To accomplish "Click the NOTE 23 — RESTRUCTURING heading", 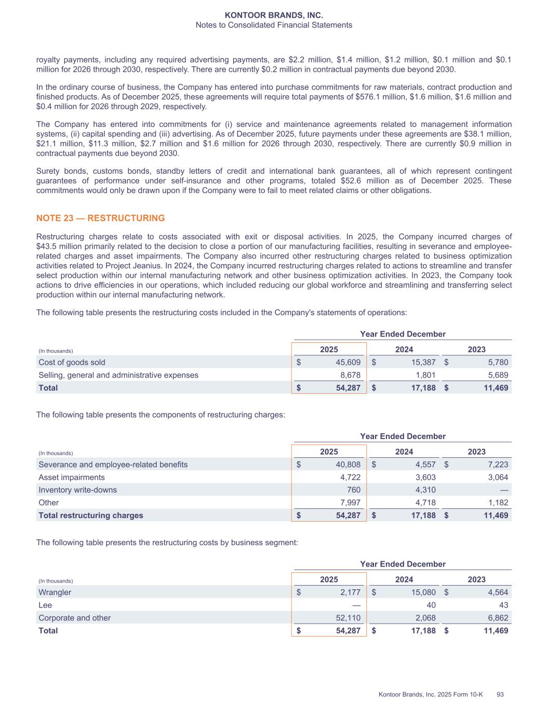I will [100, 218].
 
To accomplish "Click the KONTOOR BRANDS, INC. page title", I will [274, 16].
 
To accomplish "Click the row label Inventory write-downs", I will [77, 490].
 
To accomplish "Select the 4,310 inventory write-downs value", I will [424, 490].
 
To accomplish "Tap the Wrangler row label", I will [55, 592].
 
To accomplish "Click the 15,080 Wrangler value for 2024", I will [422, 592].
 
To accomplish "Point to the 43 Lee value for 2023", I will [503, 605].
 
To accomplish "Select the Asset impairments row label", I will [71, 477].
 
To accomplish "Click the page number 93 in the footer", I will [501, 694].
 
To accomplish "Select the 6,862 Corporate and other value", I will [497, 618].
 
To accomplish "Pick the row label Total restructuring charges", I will [90, 515].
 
